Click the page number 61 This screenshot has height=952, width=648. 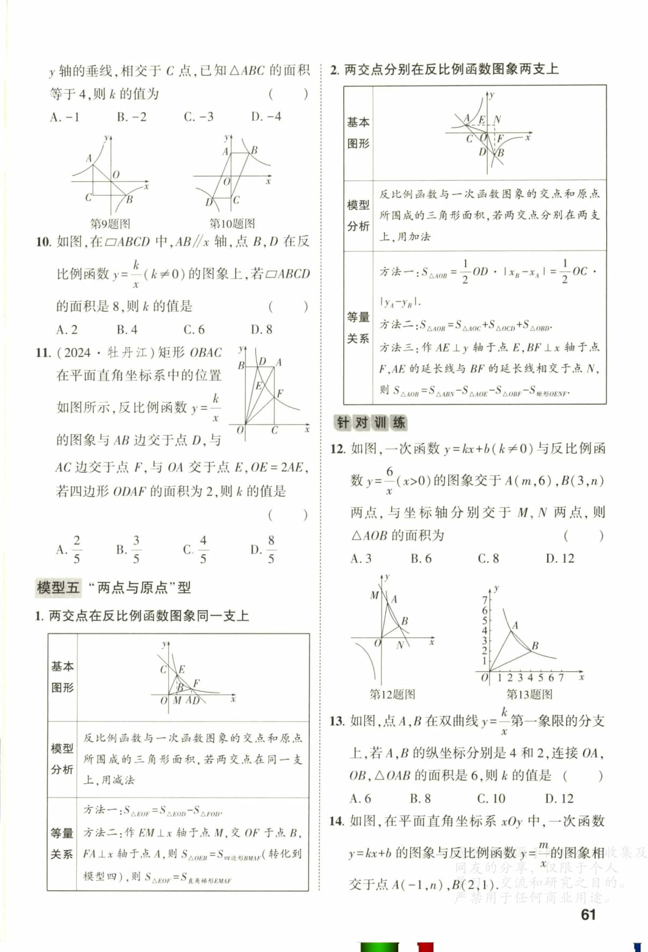(x=588, y=914)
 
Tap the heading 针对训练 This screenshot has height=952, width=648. (x=370, y=423)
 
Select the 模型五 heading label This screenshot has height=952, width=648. (x=58, y=588)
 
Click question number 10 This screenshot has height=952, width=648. (x=43, y=242)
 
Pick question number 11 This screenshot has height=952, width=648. (x=43, y=353)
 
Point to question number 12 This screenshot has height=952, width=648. (x=337, y=448)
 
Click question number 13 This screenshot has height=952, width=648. (x=337, y=721)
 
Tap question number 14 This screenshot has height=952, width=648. (x=337, y=821)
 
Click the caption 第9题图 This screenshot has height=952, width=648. (x=110, y=224)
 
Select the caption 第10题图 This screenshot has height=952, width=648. (x=232, y=224)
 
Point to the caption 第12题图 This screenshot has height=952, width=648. (x=392, y=694)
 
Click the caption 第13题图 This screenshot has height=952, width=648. (x=529, y=694)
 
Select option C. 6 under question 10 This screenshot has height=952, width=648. (x=194, y=330)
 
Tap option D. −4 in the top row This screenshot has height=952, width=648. (x=266, y=117)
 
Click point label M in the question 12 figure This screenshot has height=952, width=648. (x=375, y=595)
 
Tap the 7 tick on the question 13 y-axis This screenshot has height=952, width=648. (x=484, y=600)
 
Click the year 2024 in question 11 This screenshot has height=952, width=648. (x=77, y=353)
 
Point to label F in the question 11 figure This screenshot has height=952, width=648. (x=280, y=393)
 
